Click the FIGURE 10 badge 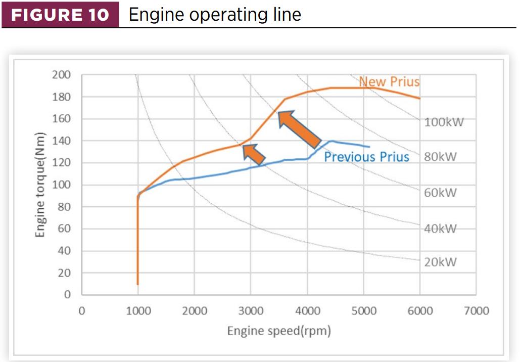coord(60,14)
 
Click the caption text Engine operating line coord(215,14)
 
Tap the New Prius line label coord(389,81)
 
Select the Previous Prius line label coord(366,157)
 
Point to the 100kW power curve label coord(444,122)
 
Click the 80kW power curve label coord(440,157)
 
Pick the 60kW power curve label coord(440,193)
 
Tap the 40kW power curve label coord(440,229)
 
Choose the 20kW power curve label coord(440,262)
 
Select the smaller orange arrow coord(254,154)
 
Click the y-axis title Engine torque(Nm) coord(41,185)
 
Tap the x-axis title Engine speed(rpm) coord(279,331)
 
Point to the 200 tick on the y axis coord(61,75)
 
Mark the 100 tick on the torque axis coord(61,185)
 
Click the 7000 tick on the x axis coord(476,310)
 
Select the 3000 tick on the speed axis coord(251,310)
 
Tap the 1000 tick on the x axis coord(138,310)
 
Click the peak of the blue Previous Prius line coord(332,141)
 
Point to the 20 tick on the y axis coord(64,273)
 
